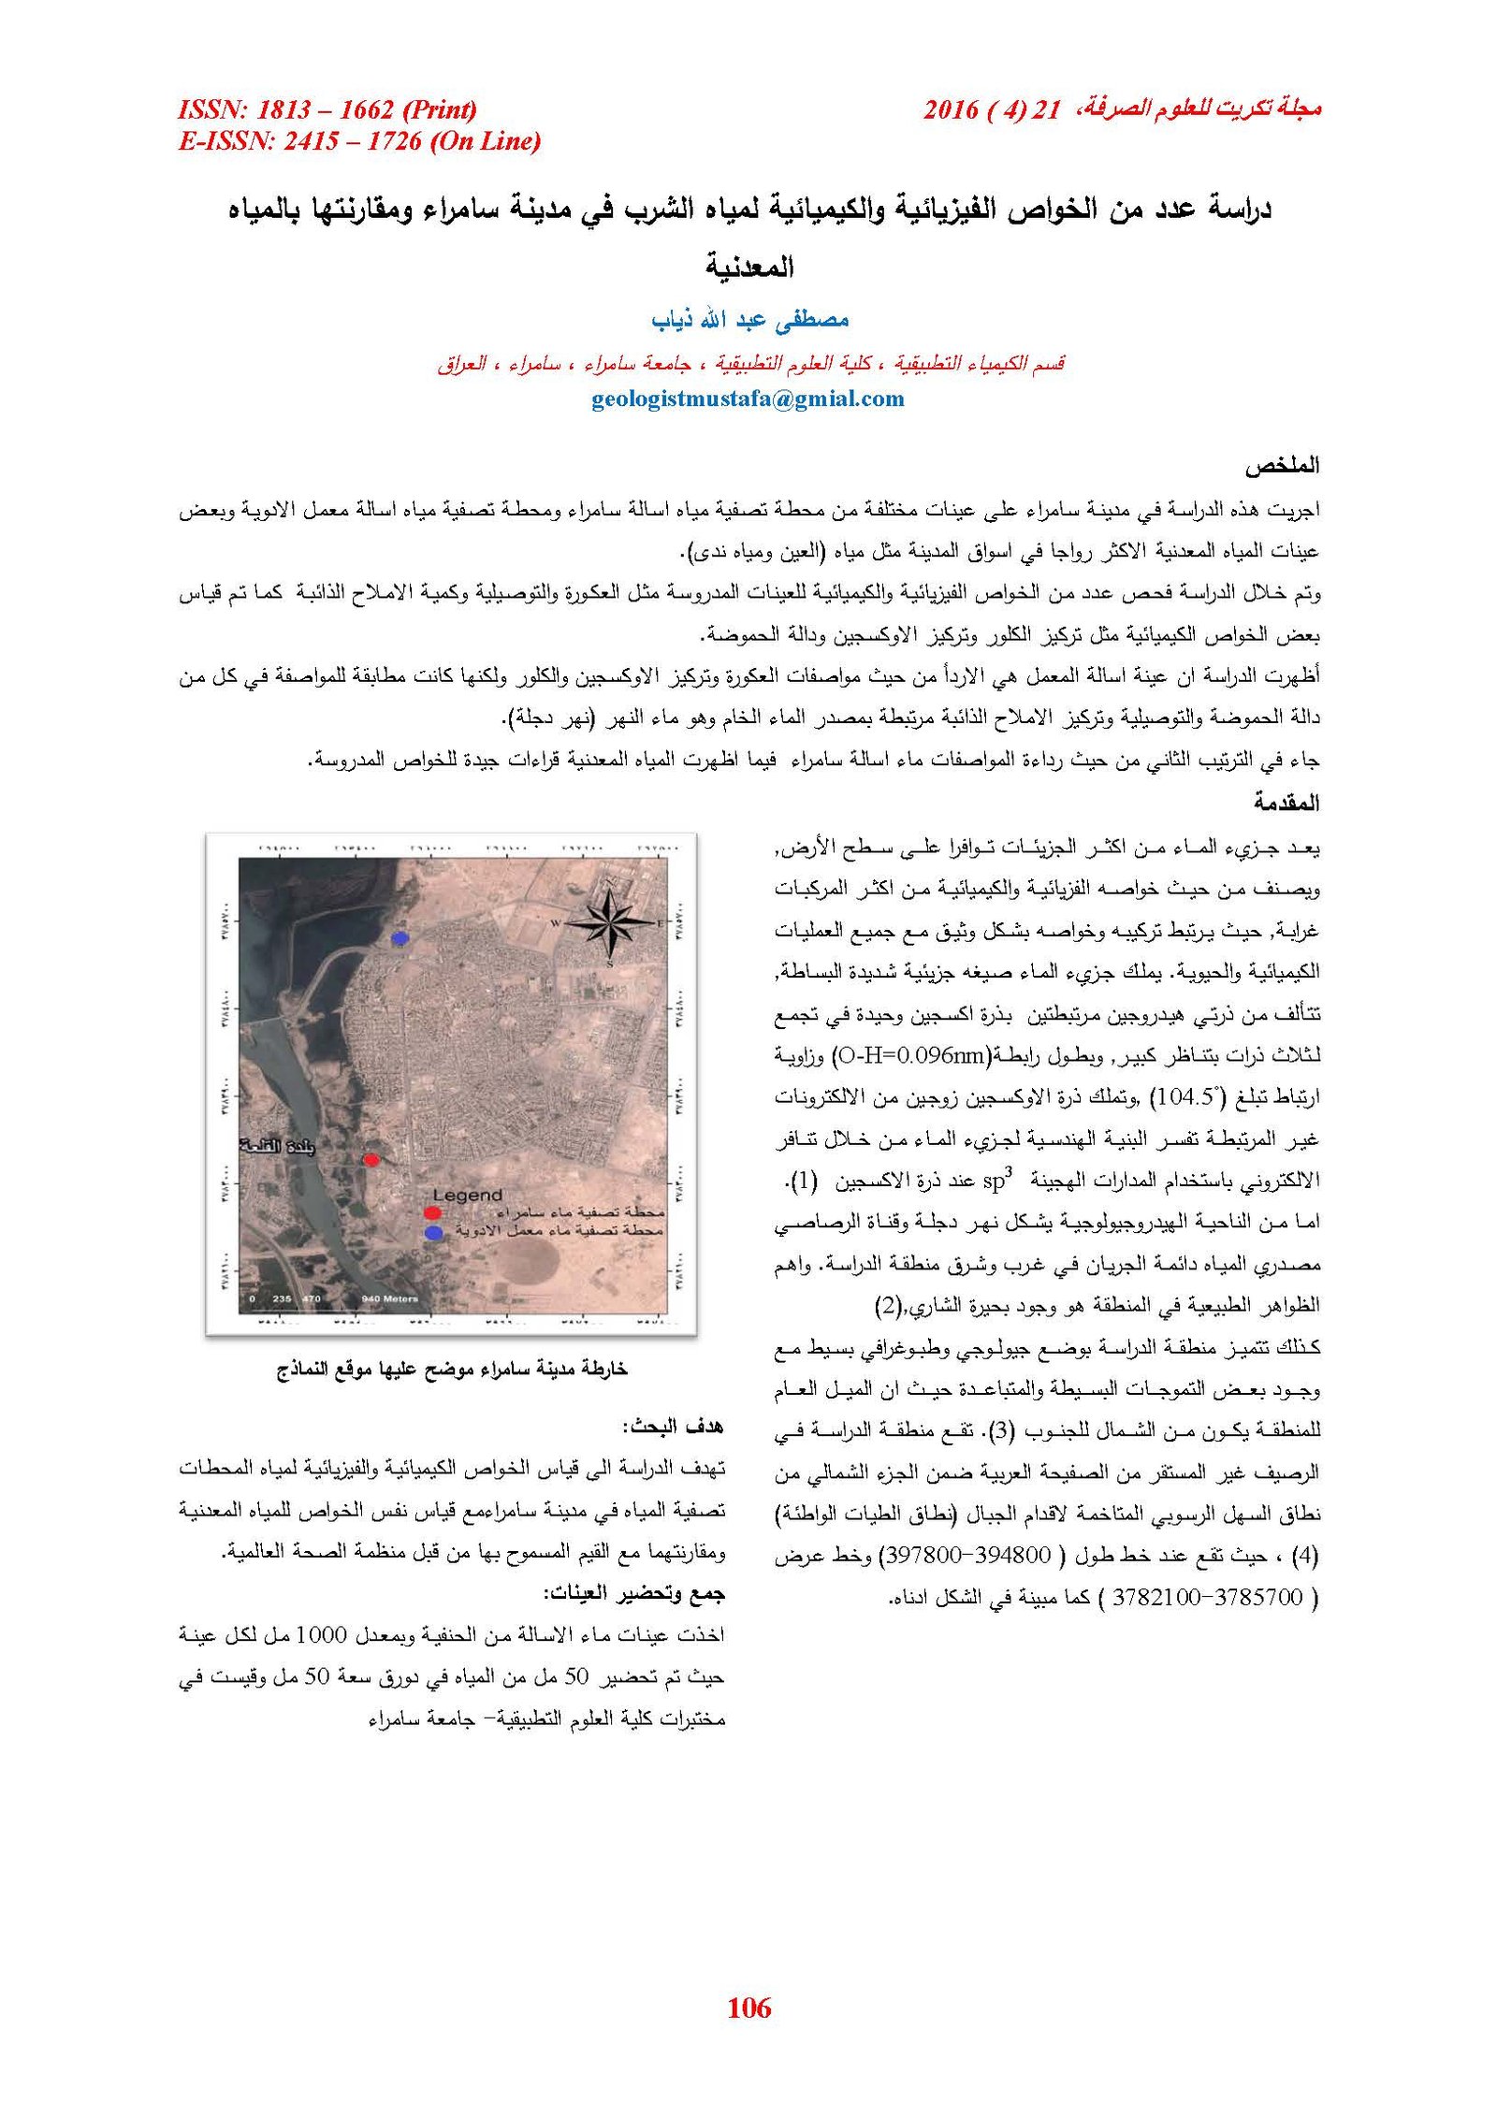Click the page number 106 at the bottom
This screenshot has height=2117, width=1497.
(x=748, y=2007)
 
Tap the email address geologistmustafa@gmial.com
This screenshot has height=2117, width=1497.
(x=748, y=399)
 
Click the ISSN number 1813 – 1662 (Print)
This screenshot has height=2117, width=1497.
(x=327, y=110)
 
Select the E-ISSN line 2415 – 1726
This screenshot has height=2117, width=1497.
(x=359, y=141)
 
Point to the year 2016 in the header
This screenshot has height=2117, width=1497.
(x=951, y=110)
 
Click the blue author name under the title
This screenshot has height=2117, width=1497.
(x=749, y=320)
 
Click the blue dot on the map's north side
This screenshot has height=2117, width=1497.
(x=400, y=937)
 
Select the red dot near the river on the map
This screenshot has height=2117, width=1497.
(x=371, y=1160)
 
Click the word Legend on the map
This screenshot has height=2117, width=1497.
(x=467, y=1195)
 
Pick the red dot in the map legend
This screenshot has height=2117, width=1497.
(x=431, y=1213)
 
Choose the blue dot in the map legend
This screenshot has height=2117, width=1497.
(x=432, y=1234)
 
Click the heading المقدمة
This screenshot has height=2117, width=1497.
(x=1286, y=803)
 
